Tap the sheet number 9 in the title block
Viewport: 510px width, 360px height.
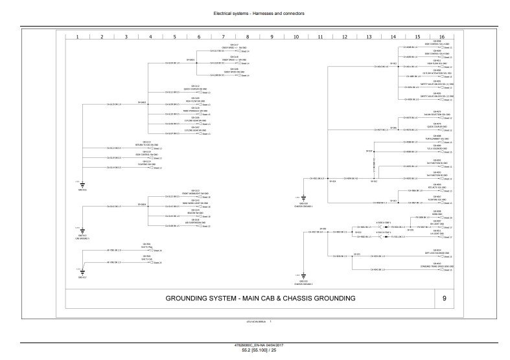click(x=443, y=298)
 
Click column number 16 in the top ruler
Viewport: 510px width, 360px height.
click(x=441, y=37)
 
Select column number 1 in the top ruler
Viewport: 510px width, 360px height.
click(x=77, y=37)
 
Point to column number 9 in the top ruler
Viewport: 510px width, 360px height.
click(x=272, y=37)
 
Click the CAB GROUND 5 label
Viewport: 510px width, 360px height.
click(x=81, y=238)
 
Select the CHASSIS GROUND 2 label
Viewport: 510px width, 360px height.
click(x=303, y=284)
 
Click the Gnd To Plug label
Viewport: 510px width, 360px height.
click(x=147, y=245)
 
